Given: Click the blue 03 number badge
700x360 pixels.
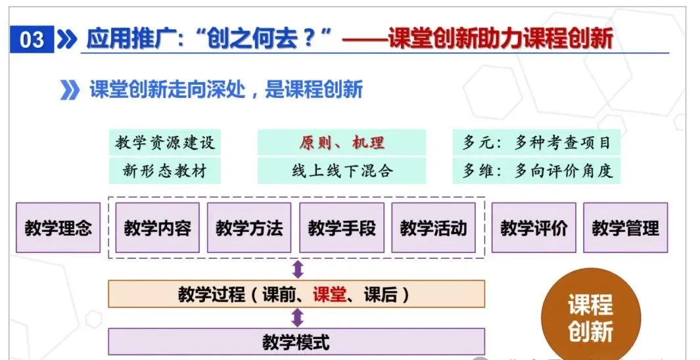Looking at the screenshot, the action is point(32,39).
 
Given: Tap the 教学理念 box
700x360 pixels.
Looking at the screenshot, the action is point(58,228).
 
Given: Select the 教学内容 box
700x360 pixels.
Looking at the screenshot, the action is point(157,228).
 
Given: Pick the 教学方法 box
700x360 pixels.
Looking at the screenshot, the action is point(249,228).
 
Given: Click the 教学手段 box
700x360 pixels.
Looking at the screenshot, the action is point(342,228).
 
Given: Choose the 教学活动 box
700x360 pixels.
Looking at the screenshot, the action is point(433,228).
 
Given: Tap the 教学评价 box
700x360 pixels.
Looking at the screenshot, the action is point(534,228).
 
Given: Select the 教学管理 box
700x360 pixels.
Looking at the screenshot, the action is point(625,228).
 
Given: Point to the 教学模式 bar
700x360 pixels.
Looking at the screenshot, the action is point(296,342).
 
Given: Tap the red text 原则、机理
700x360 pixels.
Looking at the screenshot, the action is point(342,143).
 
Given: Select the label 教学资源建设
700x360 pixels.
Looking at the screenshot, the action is point(165,143).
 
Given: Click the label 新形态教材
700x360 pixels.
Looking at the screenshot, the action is point(165,171).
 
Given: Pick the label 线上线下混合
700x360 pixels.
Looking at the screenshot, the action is point(342,171).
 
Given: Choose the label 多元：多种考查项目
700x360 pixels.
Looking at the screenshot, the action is point(536,143).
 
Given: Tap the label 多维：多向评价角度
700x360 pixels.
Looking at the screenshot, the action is point(536,171).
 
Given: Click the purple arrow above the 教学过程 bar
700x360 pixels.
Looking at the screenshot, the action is point(298,269).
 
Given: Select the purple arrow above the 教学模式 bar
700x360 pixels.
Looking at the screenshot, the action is point(298,318).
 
